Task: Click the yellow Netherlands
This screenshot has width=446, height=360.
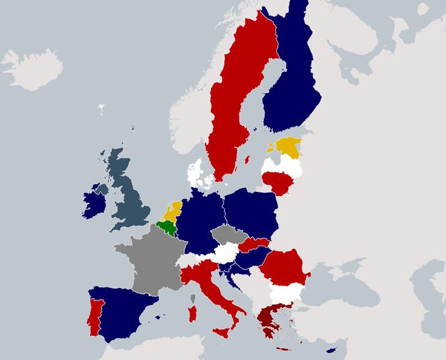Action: coord(174,210)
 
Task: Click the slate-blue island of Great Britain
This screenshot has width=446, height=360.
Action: coord(129,198)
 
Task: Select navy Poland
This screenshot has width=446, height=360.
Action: coord(252,213)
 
